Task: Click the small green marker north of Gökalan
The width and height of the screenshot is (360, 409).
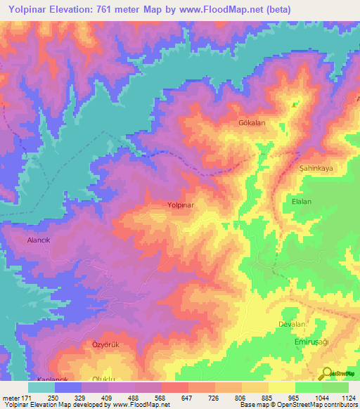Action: (294, 105)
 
